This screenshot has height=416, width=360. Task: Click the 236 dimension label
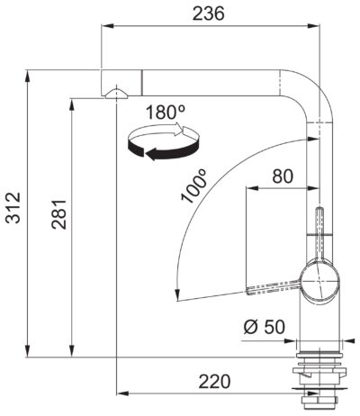point(208,14)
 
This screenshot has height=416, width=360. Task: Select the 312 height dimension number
point(13,208)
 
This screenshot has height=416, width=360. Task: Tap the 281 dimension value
point(58,213)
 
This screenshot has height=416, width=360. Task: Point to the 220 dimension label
point(214,382)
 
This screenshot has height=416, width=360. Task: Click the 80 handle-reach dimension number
point(283,176)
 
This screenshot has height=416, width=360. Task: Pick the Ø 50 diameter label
point(265,327)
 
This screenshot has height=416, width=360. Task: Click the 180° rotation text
point(166,113)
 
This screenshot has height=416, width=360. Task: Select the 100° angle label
point(193,186)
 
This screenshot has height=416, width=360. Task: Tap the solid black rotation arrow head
point(152,154)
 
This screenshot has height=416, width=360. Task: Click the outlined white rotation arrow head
point(180,129)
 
